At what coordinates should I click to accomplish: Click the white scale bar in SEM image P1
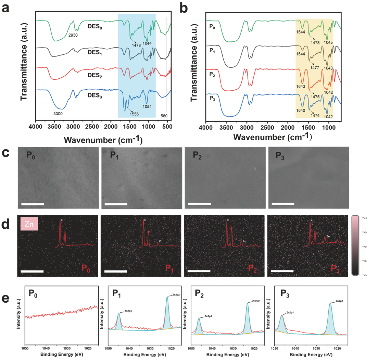point(116,204)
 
